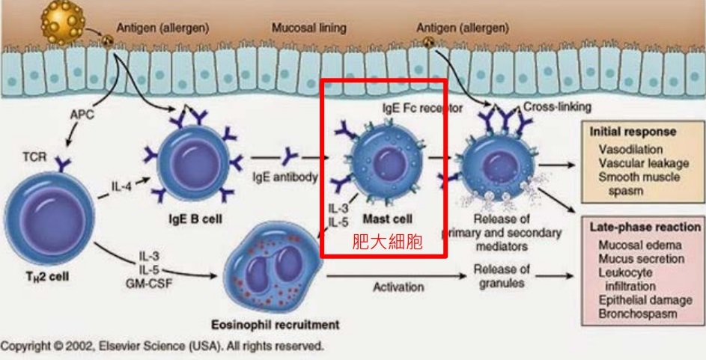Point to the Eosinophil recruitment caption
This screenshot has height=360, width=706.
point(276,325)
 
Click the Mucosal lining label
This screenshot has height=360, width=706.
point(308,28)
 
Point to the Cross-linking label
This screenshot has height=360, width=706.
point(557,107)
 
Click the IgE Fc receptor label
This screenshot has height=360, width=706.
point(423,108)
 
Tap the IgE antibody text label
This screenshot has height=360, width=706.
point(285,177)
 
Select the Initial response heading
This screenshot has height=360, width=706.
point(633,131)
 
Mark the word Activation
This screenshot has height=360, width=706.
point(398,287)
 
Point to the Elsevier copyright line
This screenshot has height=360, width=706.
point(162,347)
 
